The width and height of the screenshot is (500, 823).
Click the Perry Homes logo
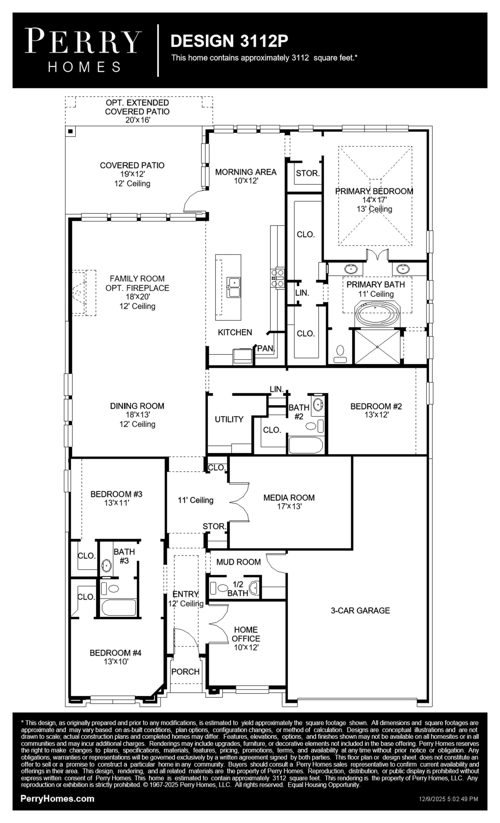pos(83,50)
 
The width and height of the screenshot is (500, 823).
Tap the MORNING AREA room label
pos(246,172)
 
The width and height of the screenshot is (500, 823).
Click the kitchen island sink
pos(234,287)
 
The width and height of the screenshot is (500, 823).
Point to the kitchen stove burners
pos(278,278)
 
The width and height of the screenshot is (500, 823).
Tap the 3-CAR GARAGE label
pos(360,611)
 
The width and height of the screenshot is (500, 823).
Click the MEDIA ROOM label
pos(289,498)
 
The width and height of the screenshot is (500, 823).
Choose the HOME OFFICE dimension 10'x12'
pos(246,647)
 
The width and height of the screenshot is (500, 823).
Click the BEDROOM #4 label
pos(116,653)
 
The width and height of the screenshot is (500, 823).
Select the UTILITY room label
pos(229,419)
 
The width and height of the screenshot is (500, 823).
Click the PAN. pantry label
pos(266,348)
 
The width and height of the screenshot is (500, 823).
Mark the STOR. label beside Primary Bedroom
pos(307,173)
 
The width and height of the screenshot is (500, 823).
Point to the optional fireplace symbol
pos(83,293)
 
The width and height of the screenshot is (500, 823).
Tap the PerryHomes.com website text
pos(57,799)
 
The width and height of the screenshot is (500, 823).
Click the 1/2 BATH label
pos(237,588)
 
